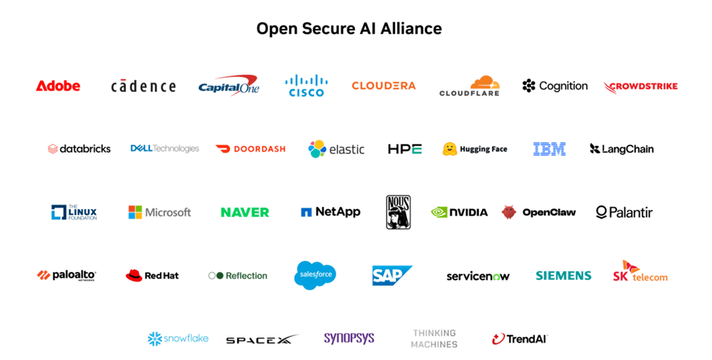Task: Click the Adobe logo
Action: point(58,86)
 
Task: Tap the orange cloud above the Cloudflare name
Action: point(484,82)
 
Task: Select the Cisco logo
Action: point(306,86)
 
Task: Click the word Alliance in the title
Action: point(411,29)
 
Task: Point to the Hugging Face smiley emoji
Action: point(449,149)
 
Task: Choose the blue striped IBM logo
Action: point(550,149)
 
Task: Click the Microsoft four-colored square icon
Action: point(135,212)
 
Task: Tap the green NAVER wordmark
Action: point(245,212)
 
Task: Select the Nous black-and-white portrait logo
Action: point(398,212)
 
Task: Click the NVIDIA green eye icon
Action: point(439,212)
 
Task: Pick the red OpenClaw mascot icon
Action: point(509,212)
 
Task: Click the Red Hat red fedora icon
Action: point(134,275)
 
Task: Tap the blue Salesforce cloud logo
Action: point(315,274)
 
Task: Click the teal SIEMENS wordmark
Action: point(564,275)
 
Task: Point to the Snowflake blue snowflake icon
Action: point(155,339)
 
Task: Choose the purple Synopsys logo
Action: point(349,338)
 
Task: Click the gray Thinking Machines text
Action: point(434,339)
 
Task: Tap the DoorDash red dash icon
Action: point(223,149)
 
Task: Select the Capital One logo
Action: point(229,86)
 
